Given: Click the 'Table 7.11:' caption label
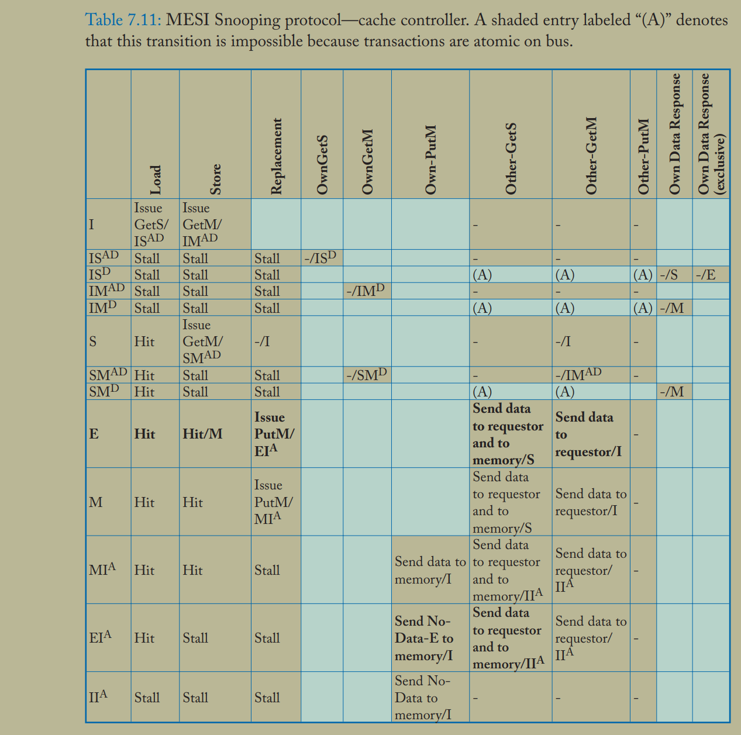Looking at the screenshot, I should pyautogui.click(x=123, y=20).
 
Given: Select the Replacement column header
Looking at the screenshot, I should pyautogui.click(x=276, y=156).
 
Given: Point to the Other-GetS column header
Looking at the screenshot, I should pyautogui.click(x=511, y=159).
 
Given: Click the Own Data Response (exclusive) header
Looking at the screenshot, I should pyautogui.click(x=711, y=134).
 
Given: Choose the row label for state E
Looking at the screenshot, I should pyautogui.click(x=94, y=434).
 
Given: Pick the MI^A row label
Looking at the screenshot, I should pyautogui.click(x=102, y=570).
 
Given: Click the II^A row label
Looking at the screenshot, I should pyautogui.click(x=98, y=697).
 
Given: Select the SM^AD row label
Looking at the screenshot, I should pyautogui.click(x=108, y=375).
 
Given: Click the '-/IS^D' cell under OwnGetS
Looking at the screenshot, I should pyautogui.click(x=320, y=258).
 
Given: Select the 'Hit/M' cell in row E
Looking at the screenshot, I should pyautogui.click(x=202, y=434).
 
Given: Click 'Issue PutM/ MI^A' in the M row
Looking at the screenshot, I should pyautogui.click(x=274, y=501).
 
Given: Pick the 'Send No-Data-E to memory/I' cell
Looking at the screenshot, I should pyautogui.click(x=424, y=638).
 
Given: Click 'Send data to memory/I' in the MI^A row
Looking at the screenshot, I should pyautogui.click(x=430, y=570).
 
